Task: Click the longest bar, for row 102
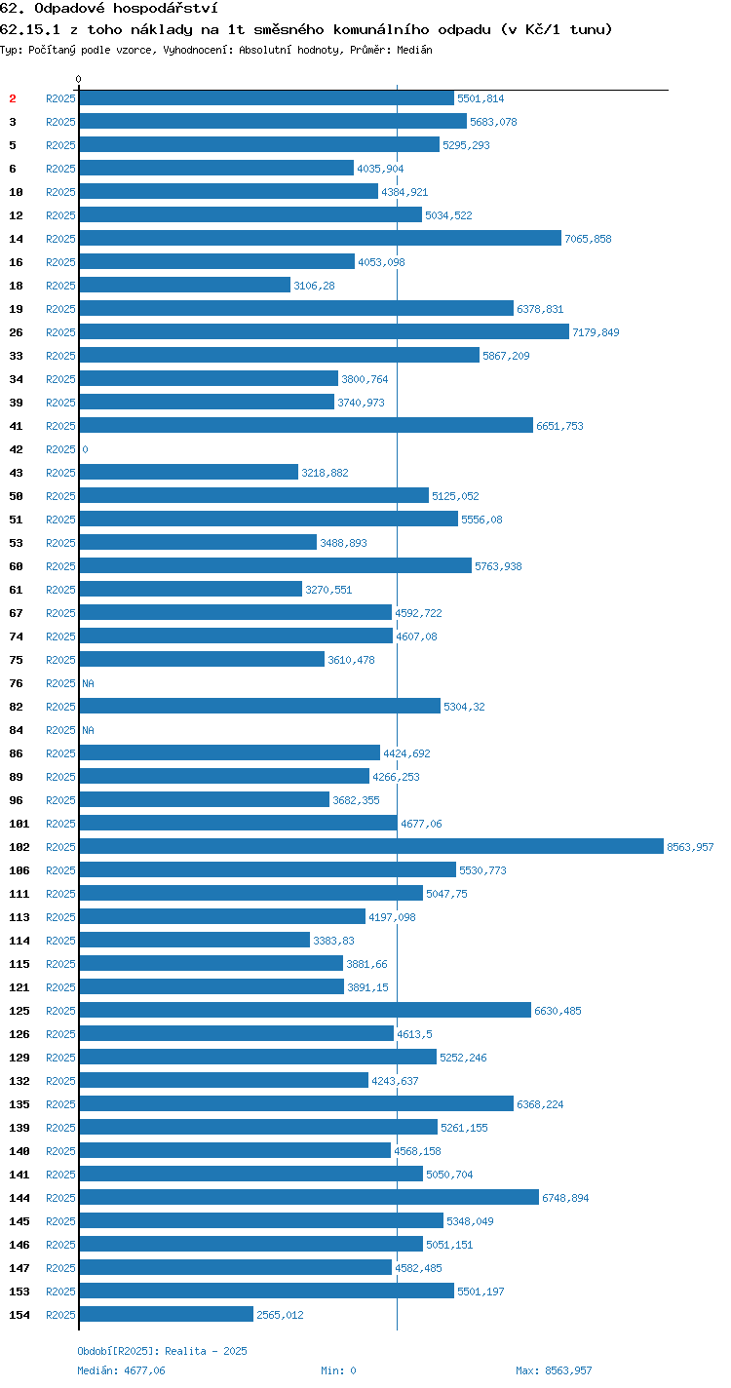click(371, 846)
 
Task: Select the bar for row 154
click(167, 1314)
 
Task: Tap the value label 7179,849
click(596, 332)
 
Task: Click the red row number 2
click(13, 98)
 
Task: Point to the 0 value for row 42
click(85, 449)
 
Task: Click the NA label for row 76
click(88, 683)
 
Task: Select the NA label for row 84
click(88, 730)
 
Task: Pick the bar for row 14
click(321, 238)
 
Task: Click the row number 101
click(19, 824)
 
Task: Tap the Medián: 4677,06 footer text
click(121, 1370)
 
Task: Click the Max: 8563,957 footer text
click(554, 1370)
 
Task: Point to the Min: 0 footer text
click(338, 1370)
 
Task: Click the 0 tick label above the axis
click(78, 79)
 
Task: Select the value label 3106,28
click(314, 286)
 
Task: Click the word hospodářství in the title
click(166, 9)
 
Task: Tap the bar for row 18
click(185, 285)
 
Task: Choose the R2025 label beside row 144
click(60, 1198)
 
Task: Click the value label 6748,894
click(565, 1198)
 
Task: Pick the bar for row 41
click(306, 425)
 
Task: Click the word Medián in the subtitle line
click(414, 50)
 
